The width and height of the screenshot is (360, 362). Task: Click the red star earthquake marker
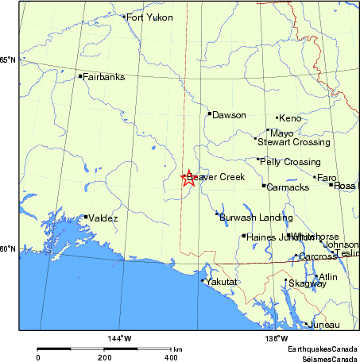pos(188,178)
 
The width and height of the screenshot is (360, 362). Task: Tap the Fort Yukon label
pos(149,17)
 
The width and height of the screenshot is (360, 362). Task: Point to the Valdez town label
pos(104,218)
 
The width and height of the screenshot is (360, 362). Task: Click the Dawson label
pos(229,115)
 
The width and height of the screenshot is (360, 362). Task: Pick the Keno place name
pos(290,118)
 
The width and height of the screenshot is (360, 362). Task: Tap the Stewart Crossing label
pos(293,142)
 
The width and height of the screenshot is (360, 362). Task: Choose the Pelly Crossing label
pos(290,162)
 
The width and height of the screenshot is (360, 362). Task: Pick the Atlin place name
pos(327,277)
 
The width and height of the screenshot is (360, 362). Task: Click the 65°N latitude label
pos(8,60)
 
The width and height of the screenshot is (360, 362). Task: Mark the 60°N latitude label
pos(8,248)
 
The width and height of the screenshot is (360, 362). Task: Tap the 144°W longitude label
pos(120,339)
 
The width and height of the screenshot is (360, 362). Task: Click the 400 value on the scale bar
pos(171,358)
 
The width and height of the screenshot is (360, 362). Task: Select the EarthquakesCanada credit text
pos(322,350)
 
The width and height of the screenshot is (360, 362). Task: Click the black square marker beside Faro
pos(315,178)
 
